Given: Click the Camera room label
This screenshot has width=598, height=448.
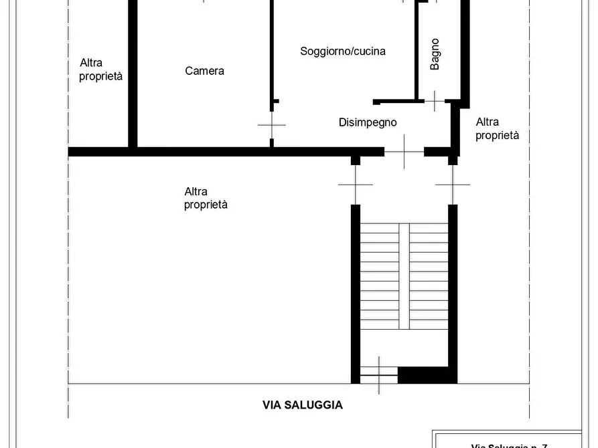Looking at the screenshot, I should point(204,71).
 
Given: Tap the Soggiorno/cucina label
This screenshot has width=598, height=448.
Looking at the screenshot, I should point(342,51).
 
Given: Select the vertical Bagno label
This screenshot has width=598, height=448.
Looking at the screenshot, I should point(435,54).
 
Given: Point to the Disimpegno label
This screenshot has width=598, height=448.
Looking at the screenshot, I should point(368,122).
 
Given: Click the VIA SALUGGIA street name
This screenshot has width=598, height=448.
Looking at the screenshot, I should point(302,405).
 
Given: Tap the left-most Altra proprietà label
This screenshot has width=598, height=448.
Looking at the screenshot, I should point(100,70).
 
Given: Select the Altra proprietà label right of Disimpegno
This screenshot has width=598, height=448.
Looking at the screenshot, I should point(497,128).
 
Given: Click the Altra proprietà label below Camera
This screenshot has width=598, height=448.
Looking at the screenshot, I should point(206,199).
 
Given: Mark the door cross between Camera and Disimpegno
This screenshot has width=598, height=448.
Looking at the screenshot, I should point(271,124).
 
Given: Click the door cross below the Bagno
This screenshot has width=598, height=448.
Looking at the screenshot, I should point(434,102).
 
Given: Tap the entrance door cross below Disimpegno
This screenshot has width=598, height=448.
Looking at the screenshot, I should point(404,152).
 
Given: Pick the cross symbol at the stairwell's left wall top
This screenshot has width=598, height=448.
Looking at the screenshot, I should point(355,184).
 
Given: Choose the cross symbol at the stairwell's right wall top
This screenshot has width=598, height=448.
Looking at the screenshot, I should point(453,184).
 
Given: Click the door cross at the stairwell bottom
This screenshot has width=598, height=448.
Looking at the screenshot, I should point(379,375).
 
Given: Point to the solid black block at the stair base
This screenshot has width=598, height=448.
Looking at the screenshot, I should point(427,375).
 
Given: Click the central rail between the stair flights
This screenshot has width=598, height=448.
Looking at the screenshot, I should point(404,275).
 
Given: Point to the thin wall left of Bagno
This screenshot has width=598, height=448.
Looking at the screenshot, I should point(417,50).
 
